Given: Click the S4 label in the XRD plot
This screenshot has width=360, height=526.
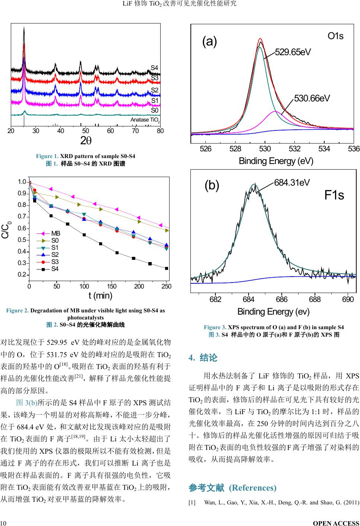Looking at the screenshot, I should pyautogui.click(x=154, y=68).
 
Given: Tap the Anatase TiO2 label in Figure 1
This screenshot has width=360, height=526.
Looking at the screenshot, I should pyautogui.click(x=145, y=120).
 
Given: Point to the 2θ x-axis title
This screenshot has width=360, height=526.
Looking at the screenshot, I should pyautogui.click(x=86, y=140).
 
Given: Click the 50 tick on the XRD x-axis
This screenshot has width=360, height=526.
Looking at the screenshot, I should pyautogui.click(x=85, y=131).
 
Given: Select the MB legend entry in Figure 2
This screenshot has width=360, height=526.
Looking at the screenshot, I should pyautogui.click(x=56, y=233).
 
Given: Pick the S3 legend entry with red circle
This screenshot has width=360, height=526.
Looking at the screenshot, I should pyautogui.click(x=55, y=262).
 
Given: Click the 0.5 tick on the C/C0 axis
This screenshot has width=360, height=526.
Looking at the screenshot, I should pyautogui.click(x=22, y=240).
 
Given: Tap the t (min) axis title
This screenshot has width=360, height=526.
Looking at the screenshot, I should pyautogui.click(x=100, y=296).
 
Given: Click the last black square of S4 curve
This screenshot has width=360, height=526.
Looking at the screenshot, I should pyautogui.click(x=167, y=268).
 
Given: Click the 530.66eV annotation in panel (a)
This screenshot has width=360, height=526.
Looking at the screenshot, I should pyautogui.click(x=312, y=98).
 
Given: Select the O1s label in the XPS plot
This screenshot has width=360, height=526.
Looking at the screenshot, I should pyautogui.click(x=335, y=36).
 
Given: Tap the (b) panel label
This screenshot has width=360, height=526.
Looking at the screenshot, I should pyautogui.click(x=212, y=185).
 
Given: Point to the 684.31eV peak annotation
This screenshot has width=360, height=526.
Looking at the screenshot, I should pyautogui.click(x=292, y=183).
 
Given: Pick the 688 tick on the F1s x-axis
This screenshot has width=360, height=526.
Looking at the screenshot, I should pyautogui.click(x=315, y=299).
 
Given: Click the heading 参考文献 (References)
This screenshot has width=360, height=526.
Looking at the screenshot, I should pyautogui.click(x=233, y=488).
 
